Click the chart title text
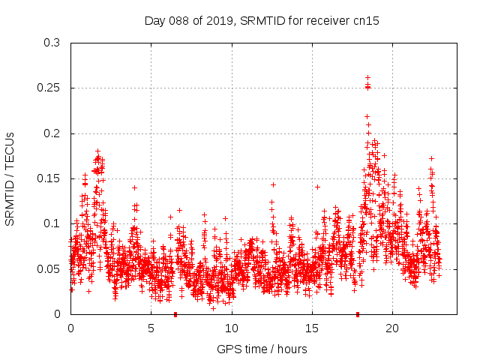click(262, 21)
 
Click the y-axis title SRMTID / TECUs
click(10, 178)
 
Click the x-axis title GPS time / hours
click(262, 349)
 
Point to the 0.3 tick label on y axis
click(51, 43)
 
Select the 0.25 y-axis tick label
click(48, 88)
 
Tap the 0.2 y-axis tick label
click(51, 133)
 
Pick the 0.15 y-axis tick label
click(48, 178)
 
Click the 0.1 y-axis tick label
click(51, 223)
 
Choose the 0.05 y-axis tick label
click(48, 268)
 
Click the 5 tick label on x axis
click(151, 328)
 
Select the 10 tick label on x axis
click(231, 328)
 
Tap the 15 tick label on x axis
click(312, 328)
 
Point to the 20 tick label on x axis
click(392, 328)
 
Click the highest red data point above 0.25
click(367, 77)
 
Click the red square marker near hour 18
click(358, 314)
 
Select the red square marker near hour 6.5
click(175, 314)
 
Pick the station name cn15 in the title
click(366, 21)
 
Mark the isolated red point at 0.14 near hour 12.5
click(273, 184)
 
